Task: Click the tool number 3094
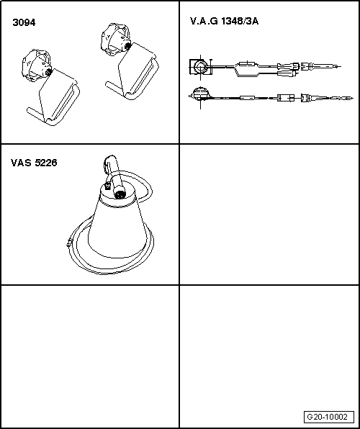[24, 22]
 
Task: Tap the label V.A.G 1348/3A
[224, 21]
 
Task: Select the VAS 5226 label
[34, 163]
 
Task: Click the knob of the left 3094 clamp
[36, 66]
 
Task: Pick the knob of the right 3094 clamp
[115, 38]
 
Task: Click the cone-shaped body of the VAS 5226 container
[117, 227]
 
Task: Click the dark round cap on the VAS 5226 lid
[120, 194]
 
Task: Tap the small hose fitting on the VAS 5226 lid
[107, 186]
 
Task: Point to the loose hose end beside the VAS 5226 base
[69, 243]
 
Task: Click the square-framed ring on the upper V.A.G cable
[201, 67]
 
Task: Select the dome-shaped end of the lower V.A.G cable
[201, 94]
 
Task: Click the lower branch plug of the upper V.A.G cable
[287, 73]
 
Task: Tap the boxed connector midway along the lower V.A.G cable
[286, 98]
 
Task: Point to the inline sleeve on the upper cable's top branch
[248, 65]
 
